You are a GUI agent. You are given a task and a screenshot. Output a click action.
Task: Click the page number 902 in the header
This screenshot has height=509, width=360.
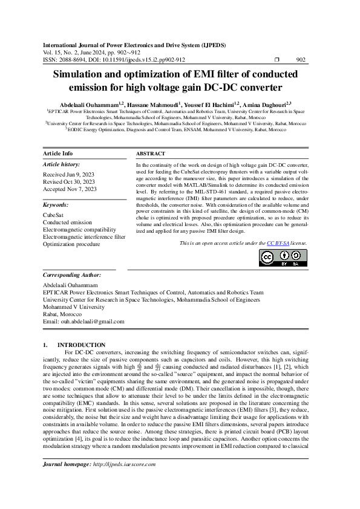click(x=300, y=60)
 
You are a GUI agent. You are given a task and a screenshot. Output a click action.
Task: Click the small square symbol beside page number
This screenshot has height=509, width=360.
click(x=277, y=60)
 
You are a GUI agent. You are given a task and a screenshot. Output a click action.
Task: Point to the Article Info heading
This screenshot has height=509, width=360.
click(x=58, y=154)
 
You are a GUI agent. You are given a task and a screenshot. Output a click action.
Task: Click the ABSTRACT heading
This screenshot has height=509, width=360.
click(x=151, y=154)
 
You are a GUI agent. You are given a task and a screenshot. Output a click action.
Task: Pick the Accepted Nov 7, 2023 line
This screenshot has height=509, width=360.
click(x=70, y=189)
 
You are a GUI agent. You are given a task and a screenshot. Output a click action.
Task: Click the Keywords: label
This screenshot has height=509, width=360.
click(x=56, y=205)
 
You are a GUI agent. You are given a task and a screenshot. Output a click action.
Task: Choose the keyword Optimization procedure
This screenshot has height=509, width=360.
click(x=71, y=244)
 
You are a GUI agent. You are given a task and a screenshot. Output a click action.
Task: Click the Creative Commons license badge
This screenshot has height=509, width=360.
click(x=283, y=258)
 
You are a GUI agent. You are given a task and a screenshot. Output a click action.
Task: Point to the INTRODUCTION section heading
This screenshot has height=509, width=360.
click(x=85, y=345)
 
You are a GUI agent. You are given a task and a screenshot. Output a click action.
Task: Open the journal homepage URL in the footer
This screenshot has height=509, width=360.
click(x=124, y=481)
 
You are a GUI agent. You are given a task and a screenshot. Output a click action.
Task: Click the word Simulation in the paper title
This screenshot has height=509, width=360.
click(x=86, y=74)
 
